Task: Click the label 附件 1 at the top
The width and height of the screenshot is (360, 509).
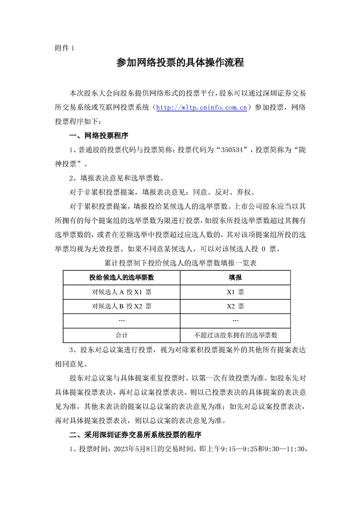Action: coord(64,48)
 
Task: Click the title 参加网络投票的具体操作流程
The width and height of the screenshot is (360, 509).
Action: coord(180,63)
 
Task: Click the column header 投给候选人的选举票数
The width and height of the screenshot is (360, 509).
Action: coord(122,277)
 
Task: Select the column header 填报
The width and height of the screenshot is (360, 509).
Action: coord(235,277)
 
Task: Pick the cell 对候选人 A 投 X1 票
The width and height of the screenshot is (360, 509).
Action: coord(122,292)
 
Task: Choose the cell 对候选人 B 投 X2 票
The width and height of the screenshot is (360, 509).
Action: coord(122,306)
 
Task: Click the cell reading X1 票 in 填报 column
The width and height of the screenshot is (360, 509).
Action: coord(235,292)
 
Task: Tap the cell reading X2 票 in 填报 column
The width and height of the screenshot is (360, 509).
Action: coord(235,306)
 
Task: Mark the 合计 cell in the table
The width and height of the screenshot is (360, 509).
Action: coord(122,335)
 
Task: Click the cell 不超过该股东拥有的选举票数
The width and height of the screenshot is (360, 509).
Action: coord(235,335)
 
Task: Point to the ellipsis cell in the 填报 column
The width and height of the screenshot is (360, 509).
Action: coord(235,320)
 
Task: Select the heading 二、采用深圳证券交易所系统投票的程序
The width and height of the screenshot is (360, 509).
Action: coord(135,435)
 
